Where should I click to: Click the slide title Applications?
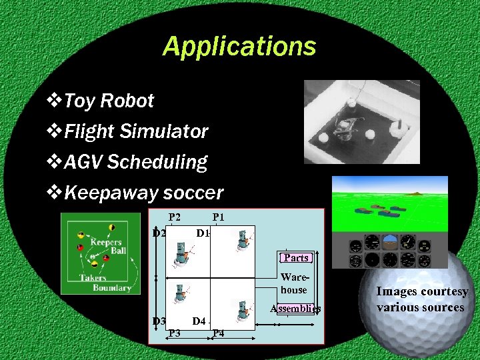point(239,47)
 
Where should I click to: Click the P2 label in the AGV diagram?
point(175,217)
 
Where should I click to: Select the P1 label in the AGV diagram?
point(218,217)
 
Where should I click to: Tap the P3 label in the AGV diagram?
point(175,333)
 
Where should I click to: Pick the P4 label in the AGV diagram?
point(218,333)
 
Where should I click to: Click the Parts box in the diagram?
point(296,257)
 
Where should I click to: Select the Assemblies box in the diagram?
point(295,309)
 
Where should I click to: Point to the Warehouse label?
point(294,283)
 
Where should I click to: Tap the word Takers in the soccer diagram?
point(93,278)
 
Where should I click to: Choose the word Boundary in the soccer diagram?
point(112,288)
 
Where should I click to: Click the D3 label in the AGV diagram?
point(159,321)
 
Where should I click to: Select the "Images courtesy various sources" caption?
point(421,299)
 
